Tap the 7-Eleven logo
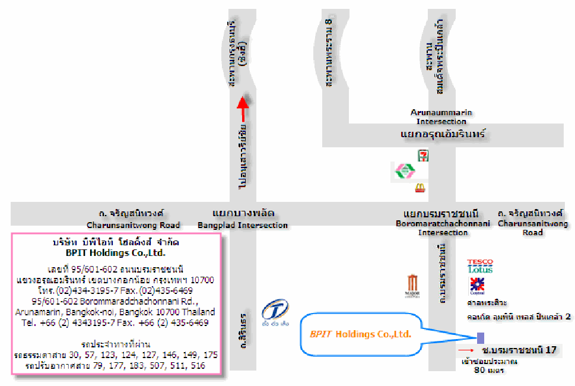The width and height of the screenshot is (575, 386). click(x=423, y=156)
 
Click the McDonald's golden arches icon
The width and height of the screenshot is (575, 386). click(x=420, y=188)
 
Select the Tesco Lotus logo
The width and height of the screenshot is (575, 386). click(x=479, y=266)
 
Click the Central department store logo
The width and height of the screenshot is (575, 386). click(x=477, y=286)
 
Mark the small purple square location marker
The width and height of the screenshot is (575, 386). click(x=480, y=338)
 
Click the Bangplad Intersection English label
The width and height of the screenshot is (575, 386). click(x=243, y=226)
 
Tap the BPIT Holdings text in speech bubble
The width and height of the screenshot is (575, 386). click(x=360, y=334)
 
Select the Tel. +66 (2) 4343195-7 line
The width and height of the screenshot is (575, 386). click(x=115, y=323)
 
